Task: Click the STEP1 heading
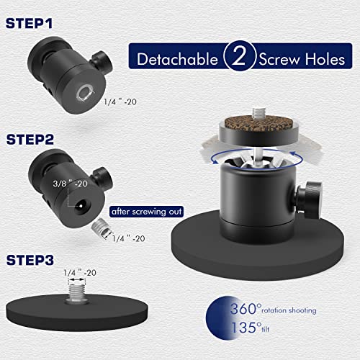(x=29, y=24)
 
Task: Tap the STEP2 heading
(x=30, y=140)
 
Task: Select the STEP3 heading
(x=30, y=260)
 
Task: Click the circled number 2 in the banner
(x=239, y=56)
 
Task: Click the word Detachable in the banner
(x=178, y=59)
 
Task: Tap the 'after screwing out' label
(x=146, y=212)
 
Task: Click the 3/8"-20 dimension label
(x=70, y=184)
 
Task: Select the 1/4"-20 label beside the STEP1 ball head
(x=120, y=102)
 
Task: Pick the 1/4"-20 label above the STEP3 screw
(x=80, y=273)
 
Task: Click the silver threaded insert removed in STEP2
(x=102, y=230)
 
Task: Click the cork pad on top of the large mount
(x=257, y=124)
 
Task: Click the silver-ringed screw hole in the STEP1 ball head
(x=84, y=93)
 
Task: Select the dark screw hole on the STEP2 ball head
(x=81, y=207)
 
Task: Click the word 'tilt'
(x=266, y=329)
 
